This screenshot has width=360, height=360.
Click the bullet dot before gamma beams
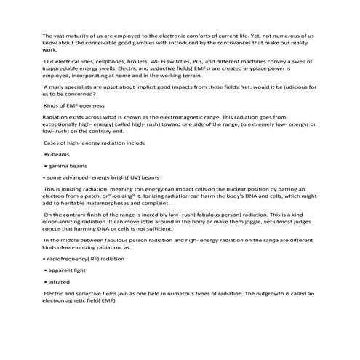pos(46,166)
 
